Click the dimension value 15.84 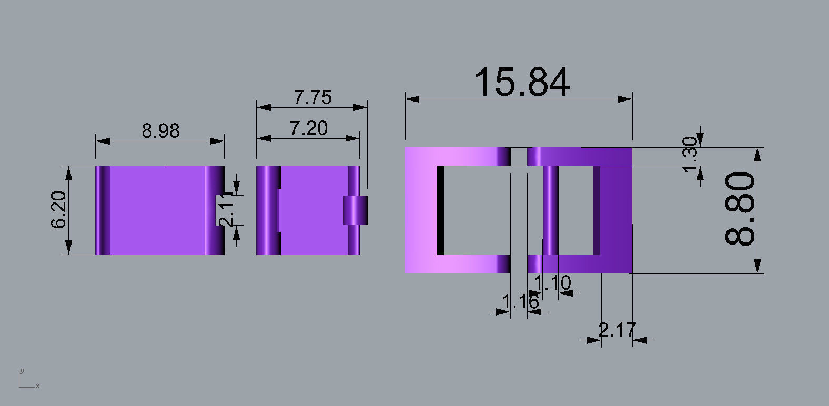pyautogui.click(x=521, y=83)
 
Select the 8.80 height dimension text pyautogui.click(x=740, y=209)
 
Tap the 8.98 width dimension pyautogui.click(x=160, y=130)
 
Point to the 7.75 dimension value pyautogui.click(x=312, y=97)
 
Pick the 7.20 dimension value pyautogui.click(x=308, y=128)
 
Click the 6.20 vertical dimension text pyautogui.click(x=59, y=209)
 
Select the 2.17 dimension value pyautogui.click(x=617, y=330)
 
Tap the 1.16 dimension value pyautogui.click(x=520, y=302)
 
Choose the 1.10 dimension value pyautogui.click(x=552, y=283)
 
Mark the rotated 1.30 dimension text pyautogui.click(x=690, y=149)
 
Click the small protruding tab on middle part pyautogui.click(x=356, y=210)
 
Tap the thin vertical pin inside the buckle pyautogui.click(x=550, y=210)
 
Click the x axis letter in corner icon pyautogui.click(x=38, y=387)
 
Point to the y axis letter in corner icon pyautogui.click(x=21, y=371)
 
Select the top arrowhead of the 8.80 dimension pyautogui.click(x=757, y=154)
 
